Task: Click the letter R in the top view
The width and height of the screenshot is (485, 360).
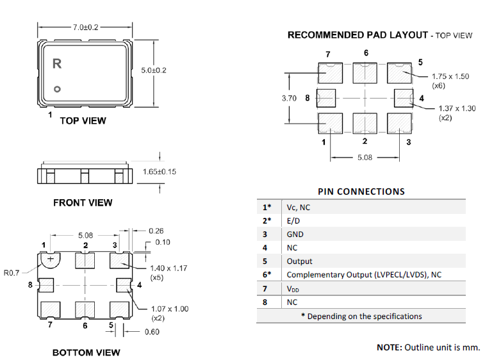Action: (57, 63)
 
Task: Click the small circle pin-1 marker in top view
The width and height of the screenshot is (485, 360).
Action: (57, 89)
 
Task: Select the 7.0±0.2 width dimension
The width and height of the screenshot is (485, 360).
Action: (85, 27)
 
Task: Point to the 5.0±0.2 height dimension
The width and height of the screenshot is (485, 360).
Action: (154, 70)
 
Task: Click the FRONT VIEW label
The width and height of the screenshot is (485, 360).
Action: (83, 202)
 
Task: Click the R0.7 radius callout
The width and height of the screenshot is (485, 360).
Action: (12, 273)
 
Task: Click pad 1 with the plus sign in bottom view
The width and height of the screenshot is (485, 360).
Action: (50, 259)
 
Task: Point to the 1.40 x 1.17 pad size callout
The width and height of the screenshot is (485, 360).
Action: (169, 268)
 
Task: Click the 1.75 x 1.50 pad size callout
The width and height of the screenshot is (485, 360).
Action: (451, 76)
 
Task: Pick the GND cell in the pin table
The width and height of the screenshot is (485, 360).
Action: (295, 234)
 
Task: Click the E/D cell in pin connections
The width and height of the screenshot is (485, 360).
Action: (293, 221)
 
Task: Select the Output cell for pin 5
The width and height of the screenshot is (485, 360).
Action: (300, 261)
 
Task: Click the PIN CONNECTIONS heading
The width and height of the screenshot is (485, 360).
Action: (361, 191)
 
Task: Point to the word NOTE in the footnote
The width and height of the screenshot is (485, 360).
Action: (390, 347)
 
